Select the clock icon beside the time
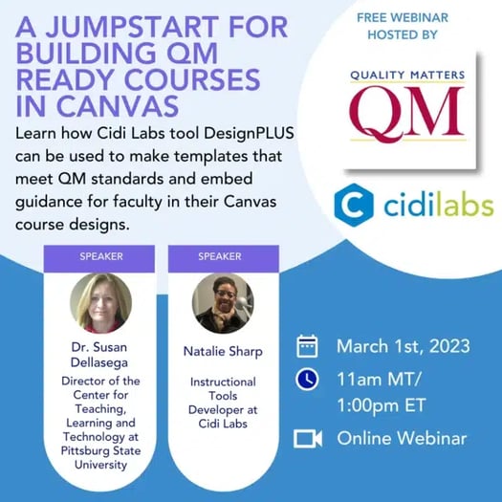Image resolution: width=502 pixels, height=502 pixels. [307, 379]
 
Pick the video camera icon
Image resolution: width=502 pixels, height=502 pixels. [307, 438]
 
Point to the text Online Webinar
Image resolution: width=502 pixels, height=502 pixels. [402, 438]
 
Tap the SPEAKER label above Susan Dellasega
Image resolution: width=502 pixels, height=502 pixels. [99, 256]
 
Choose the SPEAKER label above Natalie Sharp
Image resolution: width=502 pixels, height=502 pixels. [222, 256]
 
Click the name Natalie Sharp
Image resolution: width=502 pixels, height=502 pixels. [222, 352]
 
